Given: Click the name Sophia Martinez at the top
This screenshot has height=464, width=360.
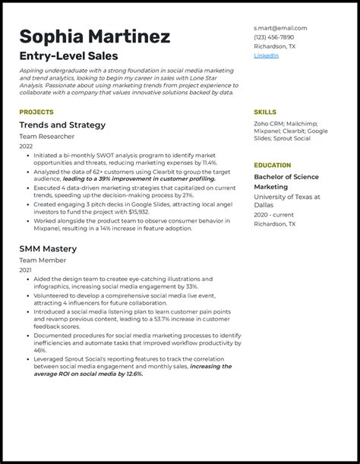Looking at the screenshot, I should (x=94, y=36).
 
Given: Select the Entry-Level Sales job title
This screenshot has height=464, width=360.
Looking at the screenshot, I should (x=68, y=56).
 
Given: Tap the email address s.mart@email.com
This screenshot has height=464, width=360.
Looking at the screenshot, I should (x=280, y=28).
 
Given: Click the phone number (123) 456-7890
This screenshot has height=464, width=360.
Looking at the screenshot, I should (x=273, y=37).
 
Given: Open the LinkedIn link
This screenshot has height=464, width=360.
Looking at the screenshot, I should (x=266, y=55).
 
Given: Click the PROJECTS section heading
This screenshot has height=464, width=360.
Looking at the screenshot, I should (x=36, y=112).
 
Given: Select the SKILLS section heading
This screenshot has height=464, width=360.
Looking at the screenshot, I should (x=265, y=112).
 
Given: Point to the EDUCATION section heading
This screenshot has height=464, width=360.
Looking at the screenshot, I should (x=273, y=165).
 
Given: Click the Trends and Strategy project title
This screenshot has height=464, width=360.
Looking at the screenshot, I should (x=62, y=125).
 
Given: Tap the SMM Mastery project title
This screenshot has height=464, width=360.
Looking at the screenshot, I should (x=48, y=248).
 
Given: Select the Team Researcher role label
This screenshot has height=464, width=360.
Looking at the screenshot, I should (x=47, y=137).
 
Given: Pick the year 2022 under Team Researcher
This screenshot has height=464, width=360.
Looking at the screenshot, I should (x=27, y=146).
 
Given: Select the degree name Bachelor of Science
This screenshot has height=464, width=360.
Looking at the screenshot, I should (x=286, y=177).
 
